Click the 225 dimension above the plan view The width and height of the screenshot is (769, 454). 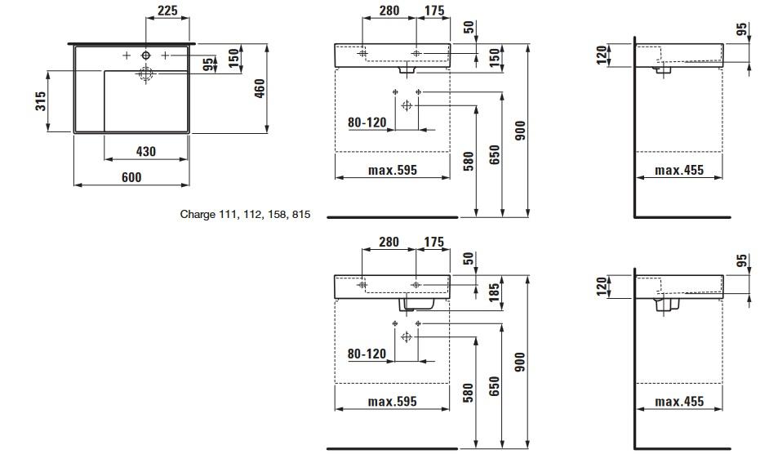coord(167,11)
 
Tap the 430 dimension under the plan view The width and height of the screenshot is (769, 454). coord(145,151)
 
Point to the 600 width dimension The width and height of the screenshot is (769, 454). coord(131,177)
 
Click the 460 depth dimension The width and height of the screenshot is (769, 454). coord(260,87)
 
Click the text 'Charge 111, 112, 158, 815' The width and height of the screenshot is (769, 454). coord(245,216)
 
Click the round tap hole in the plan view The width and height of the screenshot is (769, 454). coord(146,55)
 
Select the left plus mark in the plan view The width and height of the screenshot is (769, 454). coord(127,55)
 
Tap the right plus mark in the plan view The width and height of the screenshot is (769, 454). coord(165,55)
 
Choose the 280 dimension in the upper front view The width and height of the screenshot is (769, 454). coord(389,11)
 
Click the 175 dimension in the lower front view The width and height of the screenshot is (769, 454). coord(433,243)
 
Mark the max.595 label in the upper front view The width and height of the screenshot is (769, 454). coord(392,171)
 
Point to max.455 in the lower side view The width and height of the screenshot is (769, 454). coord(678,402)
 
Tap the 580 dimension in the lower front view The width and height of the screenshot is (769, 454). coord(469,392)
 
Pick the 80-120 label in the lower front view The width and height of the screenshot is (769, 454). coord(367,354)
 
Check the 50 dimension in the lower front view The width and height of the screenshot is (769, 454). coord(469,259)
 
